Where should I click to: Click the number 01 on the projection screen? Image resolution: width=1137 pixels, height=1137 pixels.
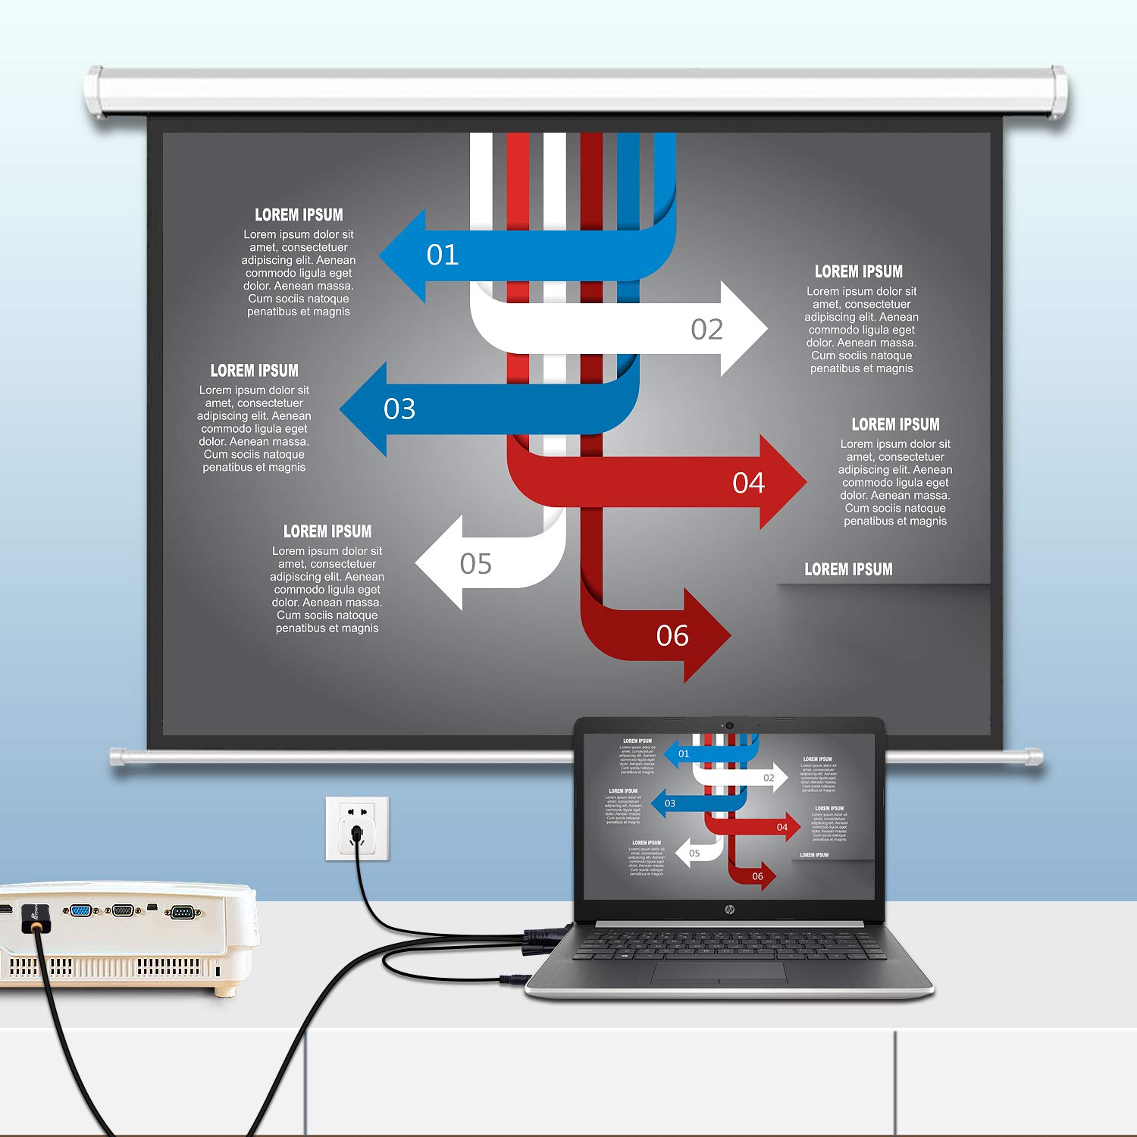(443, 255)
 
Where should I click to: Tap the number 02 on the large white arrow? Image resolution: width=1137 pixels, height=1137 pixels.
(706, 329)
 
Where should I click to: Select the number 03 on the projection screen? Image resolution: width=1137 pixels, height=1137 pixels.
(399, 409)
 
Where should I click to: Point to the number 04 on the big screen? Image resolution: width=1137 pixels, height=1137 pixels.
(748, 483)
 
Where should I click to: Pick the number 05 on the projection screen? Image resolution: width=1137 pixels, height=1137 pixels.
(475, 564)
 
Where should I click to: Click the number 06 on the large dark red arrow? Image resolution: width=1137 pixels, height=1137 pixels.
(672, 636)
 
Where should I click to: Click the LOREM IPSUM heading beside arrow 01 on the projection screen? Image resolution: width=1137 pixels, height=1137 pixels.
(299, 215)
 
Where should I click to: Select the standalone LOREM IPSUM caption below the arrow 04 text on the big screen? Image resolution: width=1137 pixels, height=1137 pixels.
(848, 569)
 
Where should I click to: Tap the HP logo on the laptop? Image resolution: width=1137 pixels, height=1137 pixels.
(729, 909)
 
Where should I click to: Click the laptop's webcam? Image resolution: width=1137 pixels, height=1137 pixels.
(729, 725)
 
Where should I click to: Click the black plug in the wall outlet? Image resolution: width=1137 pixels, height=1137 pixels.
(357, 835)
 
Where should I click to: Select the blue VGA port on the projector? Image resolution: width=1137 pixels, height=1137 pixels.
(80, 910)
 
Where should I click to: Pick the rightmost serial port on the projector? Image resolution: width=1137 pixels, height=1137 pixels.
(181, 912)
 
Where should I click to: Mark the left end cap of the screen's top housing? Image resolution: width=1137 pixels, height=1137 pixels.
(95, 92)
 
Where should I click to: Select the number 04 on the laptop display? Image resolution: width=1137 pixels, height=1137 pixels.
(781, 827)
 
